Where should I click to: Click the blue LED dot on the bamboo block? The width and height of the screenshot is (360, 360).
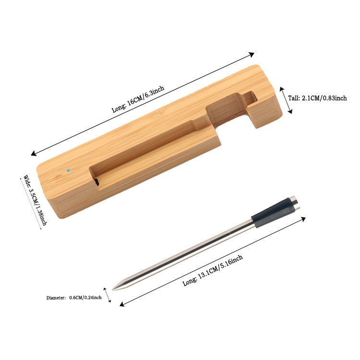coord(68,170)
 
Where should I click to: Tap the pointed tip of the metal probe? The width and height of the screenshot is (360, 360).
coord(113,289)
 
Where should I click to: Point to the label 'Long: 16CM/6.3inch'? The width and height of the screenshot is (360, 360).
coord(138,99)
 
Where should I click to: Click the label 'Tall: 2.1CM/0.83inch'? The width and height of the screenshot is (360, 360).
coord(317,98)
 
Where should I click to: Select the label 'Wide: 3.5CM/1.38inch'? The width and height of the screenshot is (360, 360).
coord(35,200)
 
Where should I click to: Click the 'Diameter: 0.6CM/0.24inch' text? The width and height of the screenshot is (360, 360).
coord(74,298)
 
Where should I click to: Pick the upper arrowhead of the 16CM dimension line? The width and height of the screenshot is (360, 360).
coord(252,54)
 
